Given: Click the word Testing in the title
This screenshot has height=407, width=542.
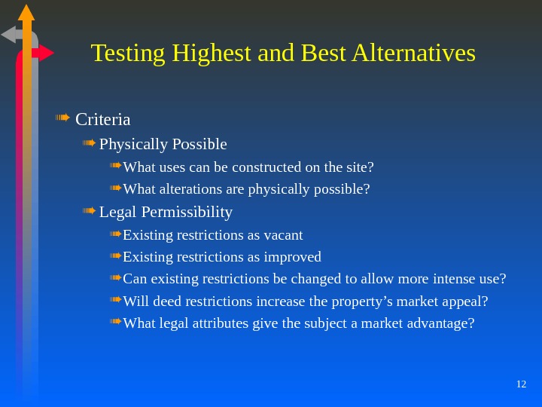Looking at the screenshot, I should coord(129,54).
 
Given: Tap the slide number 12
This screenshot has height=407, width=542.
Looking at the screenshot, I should coord(521,384).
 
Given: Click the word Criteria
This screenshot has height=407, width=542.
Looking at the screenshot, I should coord(103,120).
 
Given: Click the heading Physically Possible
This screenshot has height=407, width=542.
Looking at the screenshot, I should coord(163,144).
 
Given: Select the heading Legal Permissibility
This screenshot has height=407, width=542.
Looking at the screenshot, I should coord(166,212).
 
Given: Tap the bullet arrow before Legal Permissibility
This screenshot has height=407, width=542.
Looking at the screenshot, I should coord(89,211).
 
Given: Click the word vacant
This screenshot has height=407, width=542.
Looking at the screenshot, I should coord(282,235).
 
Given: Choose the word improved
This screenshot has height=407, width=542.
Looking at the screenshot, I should coord(293,257).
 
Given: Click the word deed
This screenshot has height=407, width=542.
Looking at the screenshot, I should coord(167,301).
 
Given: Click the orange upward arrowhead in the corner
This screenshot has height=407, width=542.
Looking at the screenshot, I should coord(26,12).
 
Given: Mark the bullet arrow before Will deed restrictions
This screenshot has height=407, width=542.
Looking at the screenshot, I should coord(115,301).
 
